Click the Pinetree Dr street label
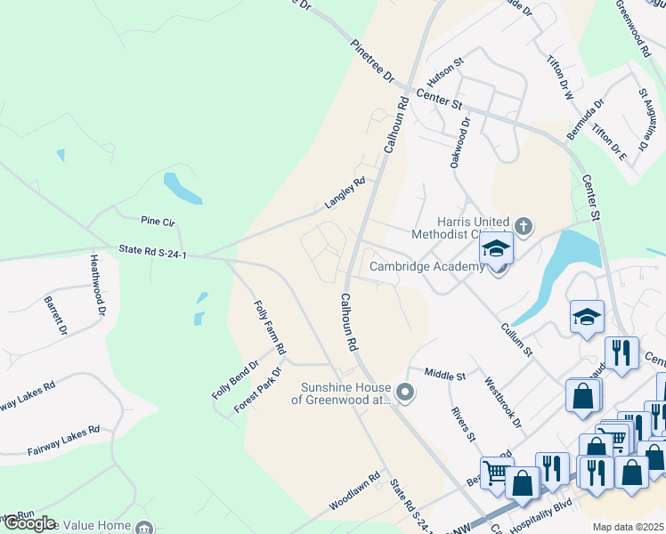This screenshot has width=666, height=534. pos(372,61)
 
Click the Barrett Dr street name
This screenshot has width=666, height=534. pos(55,315)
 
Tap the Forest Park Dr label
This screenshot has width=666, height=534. pos(257,389)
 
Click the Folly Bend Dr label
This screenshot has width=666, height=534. pos(235,378)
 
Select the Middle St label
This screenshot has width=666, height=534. pos(444,375)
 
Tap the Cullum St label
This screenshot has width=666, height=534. pos(516,340)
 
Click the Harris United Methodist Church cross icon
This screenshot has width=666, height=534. pos(523,226)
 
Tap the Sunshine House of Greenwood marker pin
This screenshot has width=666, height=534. pos(406,392)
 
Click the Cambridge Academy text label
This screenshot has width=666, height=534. pos(426,266)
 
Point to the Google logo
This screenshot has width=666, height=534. pos(28,524)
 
